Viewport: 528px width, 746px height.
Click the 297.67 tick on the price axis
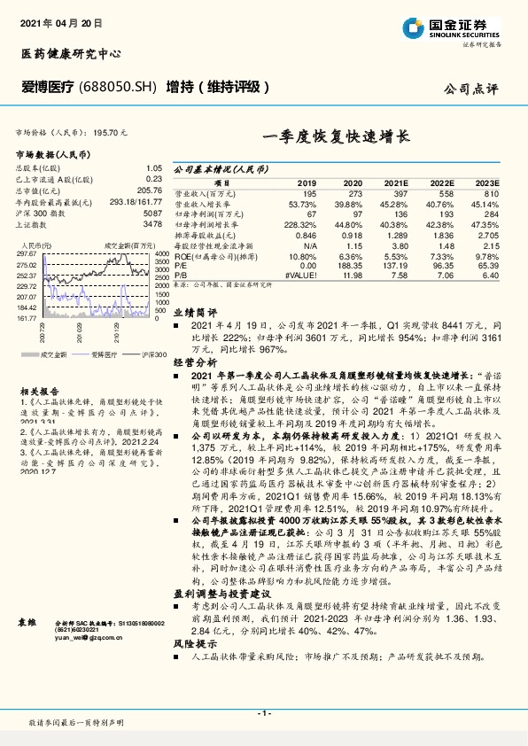(x=27, y=253)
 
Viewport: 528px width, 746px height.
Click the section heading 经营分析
(x=194, y=362)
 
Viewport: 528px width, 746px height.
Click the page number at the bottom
(x=263, y=713)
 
